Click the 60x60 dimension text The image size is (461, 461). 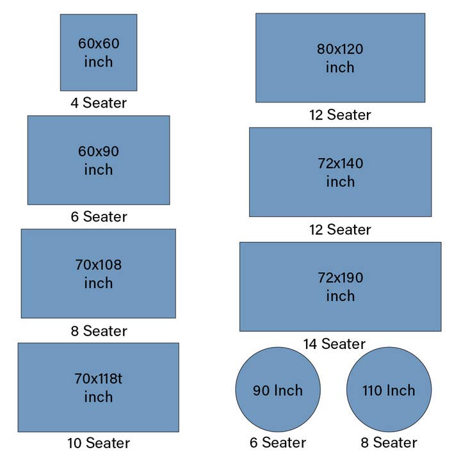(x=99, y=44)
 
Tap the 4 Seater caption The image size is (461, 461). (x=99, y=102)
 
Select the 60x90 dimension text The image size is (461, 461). (x=99, y=152)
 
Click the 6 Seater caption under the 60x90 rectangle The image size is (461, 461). (x=99, y=216)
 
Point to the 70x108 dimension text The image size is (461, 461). (x=99, y=264)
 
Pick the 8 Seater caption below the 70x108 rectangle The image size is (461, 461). (x=99, y=331)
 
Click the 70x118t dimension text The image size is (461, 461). (x=99, y=378)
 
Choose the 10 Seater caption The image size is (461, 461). (x=99, y=443)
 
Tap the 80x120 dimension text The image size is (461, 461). (x=340, y=49)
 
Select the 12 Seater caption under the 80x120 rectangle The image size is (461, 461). (x=340, y=115)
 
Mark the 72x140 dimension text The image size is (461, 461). (x=340, y=163)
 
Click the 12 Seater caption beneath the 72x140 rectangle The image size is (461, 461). (x=340, y=229)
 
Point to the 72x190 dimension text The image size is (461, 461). (x=340, y=278)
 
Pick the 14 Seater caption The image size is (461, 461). (x=334, y=344)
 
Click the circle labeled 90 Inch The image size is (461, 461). (x=278, y=390)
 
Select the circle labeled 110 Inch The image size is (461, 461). (x=389, y=390)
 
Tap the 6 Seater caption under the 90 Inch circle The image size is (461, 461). (x=278, y=443)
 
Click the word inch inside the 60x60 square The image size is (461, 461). (x=99, y=62)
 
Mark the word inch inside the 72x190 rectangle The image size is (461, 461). (x=340, y=296)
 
